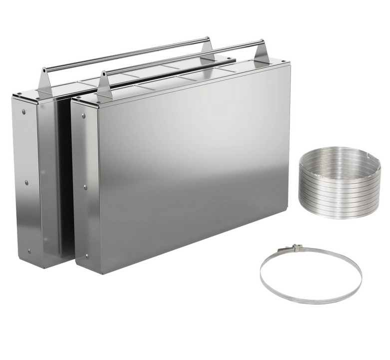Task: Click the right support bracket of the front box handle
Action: (261, 53)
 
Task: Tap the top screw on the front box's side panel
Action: (83, 116)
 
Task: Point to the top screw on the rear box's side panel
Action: (23, 111)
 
